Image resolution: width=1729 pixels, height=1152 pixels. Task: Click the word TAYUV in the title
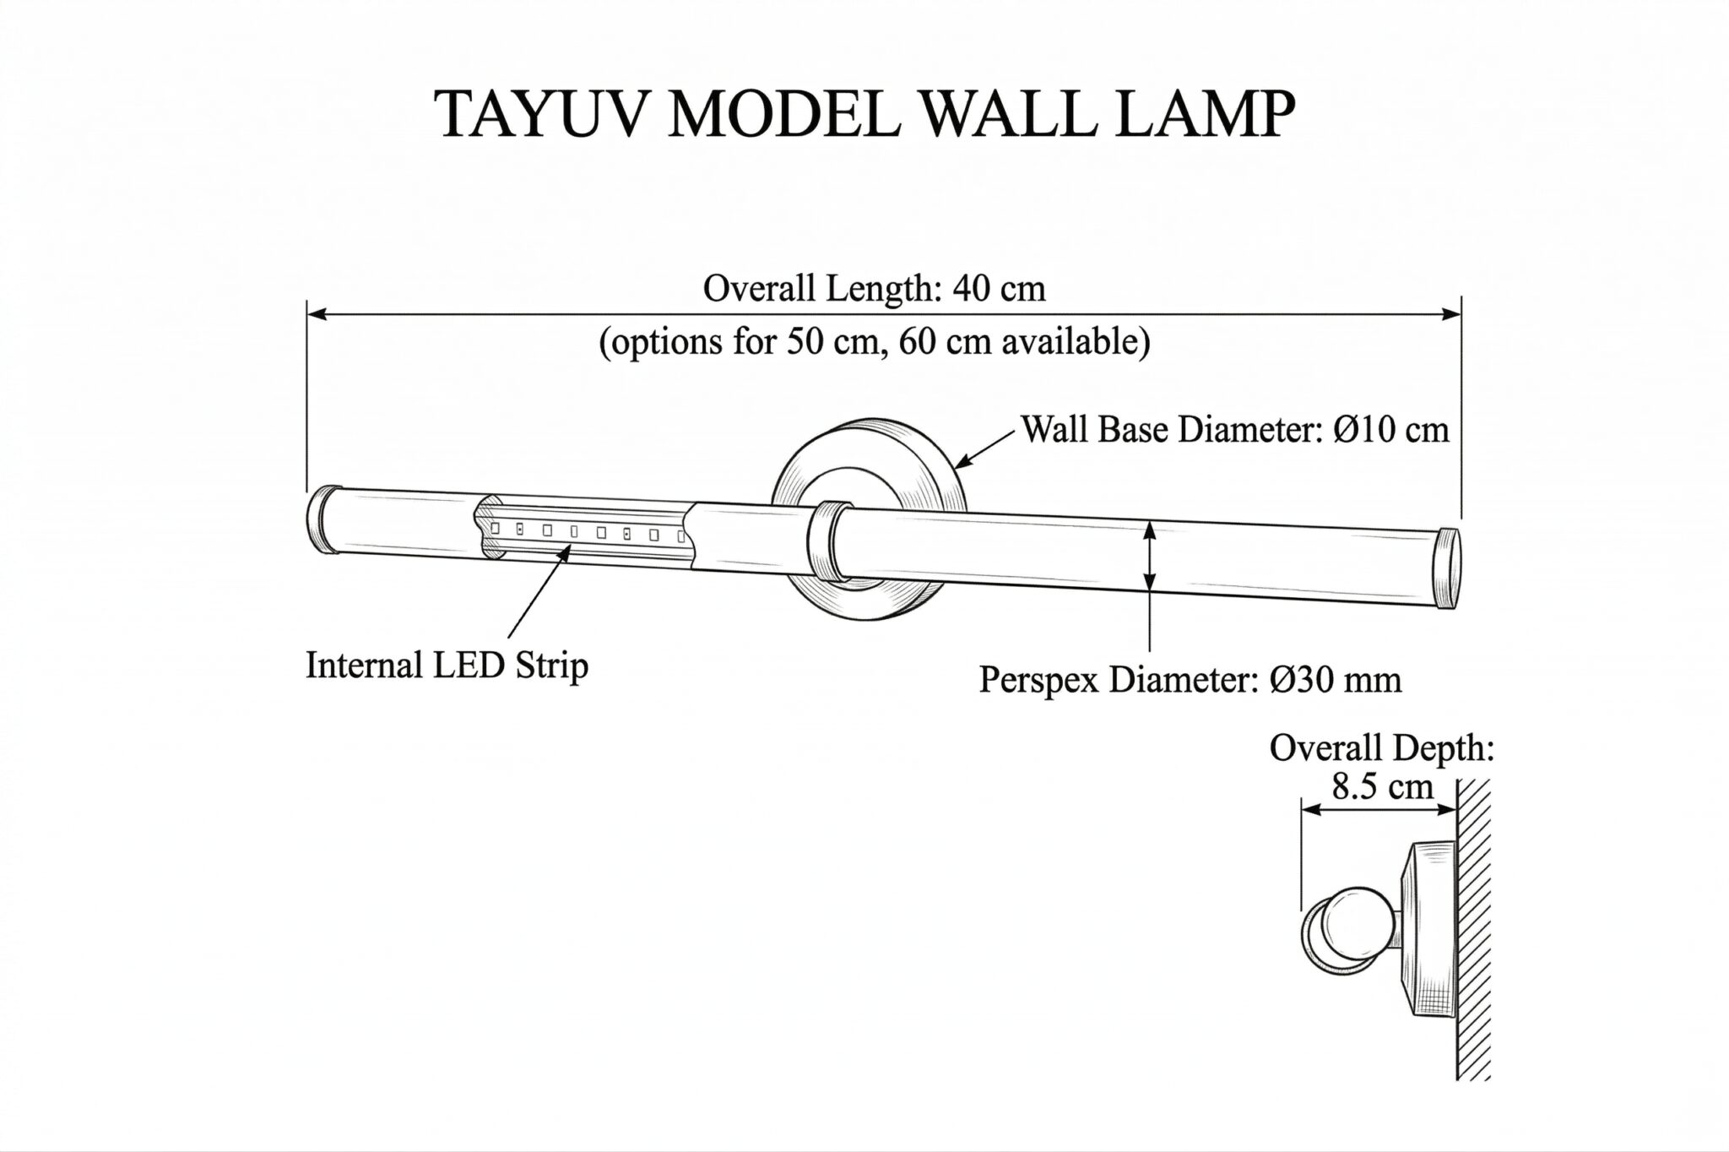(x=541, y=113)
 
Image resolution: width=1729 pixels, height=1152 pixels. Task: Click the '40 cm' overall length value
(x=999, y=289)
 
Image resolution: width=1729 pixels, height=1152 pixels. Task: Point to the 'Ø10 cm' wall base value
(x=1390, y=429)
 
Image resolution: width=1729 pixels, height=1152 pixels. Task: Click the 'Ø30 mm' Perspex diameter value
(x=1335, y=679)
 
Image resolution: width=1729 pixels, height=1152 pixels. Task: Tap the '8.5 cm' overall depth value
(x=1382, y=786)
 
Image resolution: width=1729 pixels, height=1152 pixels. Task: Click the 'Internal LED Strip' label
(x=447, y=666)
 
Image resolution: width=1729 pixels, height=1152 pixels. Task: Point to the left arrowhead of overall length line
(x=316, y=314)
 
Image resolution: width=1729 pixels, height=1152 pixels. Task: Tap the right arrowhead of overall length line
(x=1450, y=314)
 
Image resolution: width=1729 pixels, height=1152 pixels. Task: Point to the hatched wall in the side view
(x=1473, y=929)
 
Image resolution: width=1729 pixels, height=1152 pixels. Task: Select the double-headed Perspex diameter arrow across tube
(x=1149, y=557)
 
